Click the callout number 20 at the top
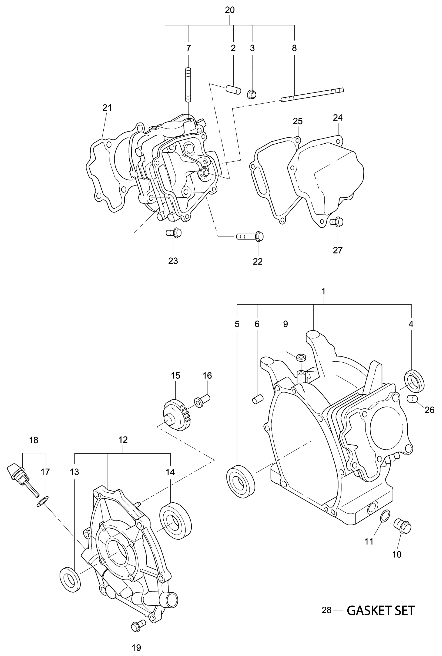tap(230, 10)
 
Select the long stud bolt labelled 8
tap(312, 94)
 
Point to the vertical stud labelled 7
tap(188, 85)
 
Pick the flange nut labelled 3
tap(251, 94)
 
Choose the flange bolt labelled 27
tap(337, 222)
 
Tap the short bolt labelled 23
tap(174, 233)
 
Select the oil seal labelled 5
tap(241, 481)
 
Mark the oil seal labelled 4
tap(414, 381)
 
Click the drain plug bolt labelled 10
tap(403, 526)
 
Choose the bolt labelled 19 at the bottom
tap(138, 627)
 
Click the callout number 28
tap(326, 610)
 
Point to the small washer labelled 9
tap(301, 358)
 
